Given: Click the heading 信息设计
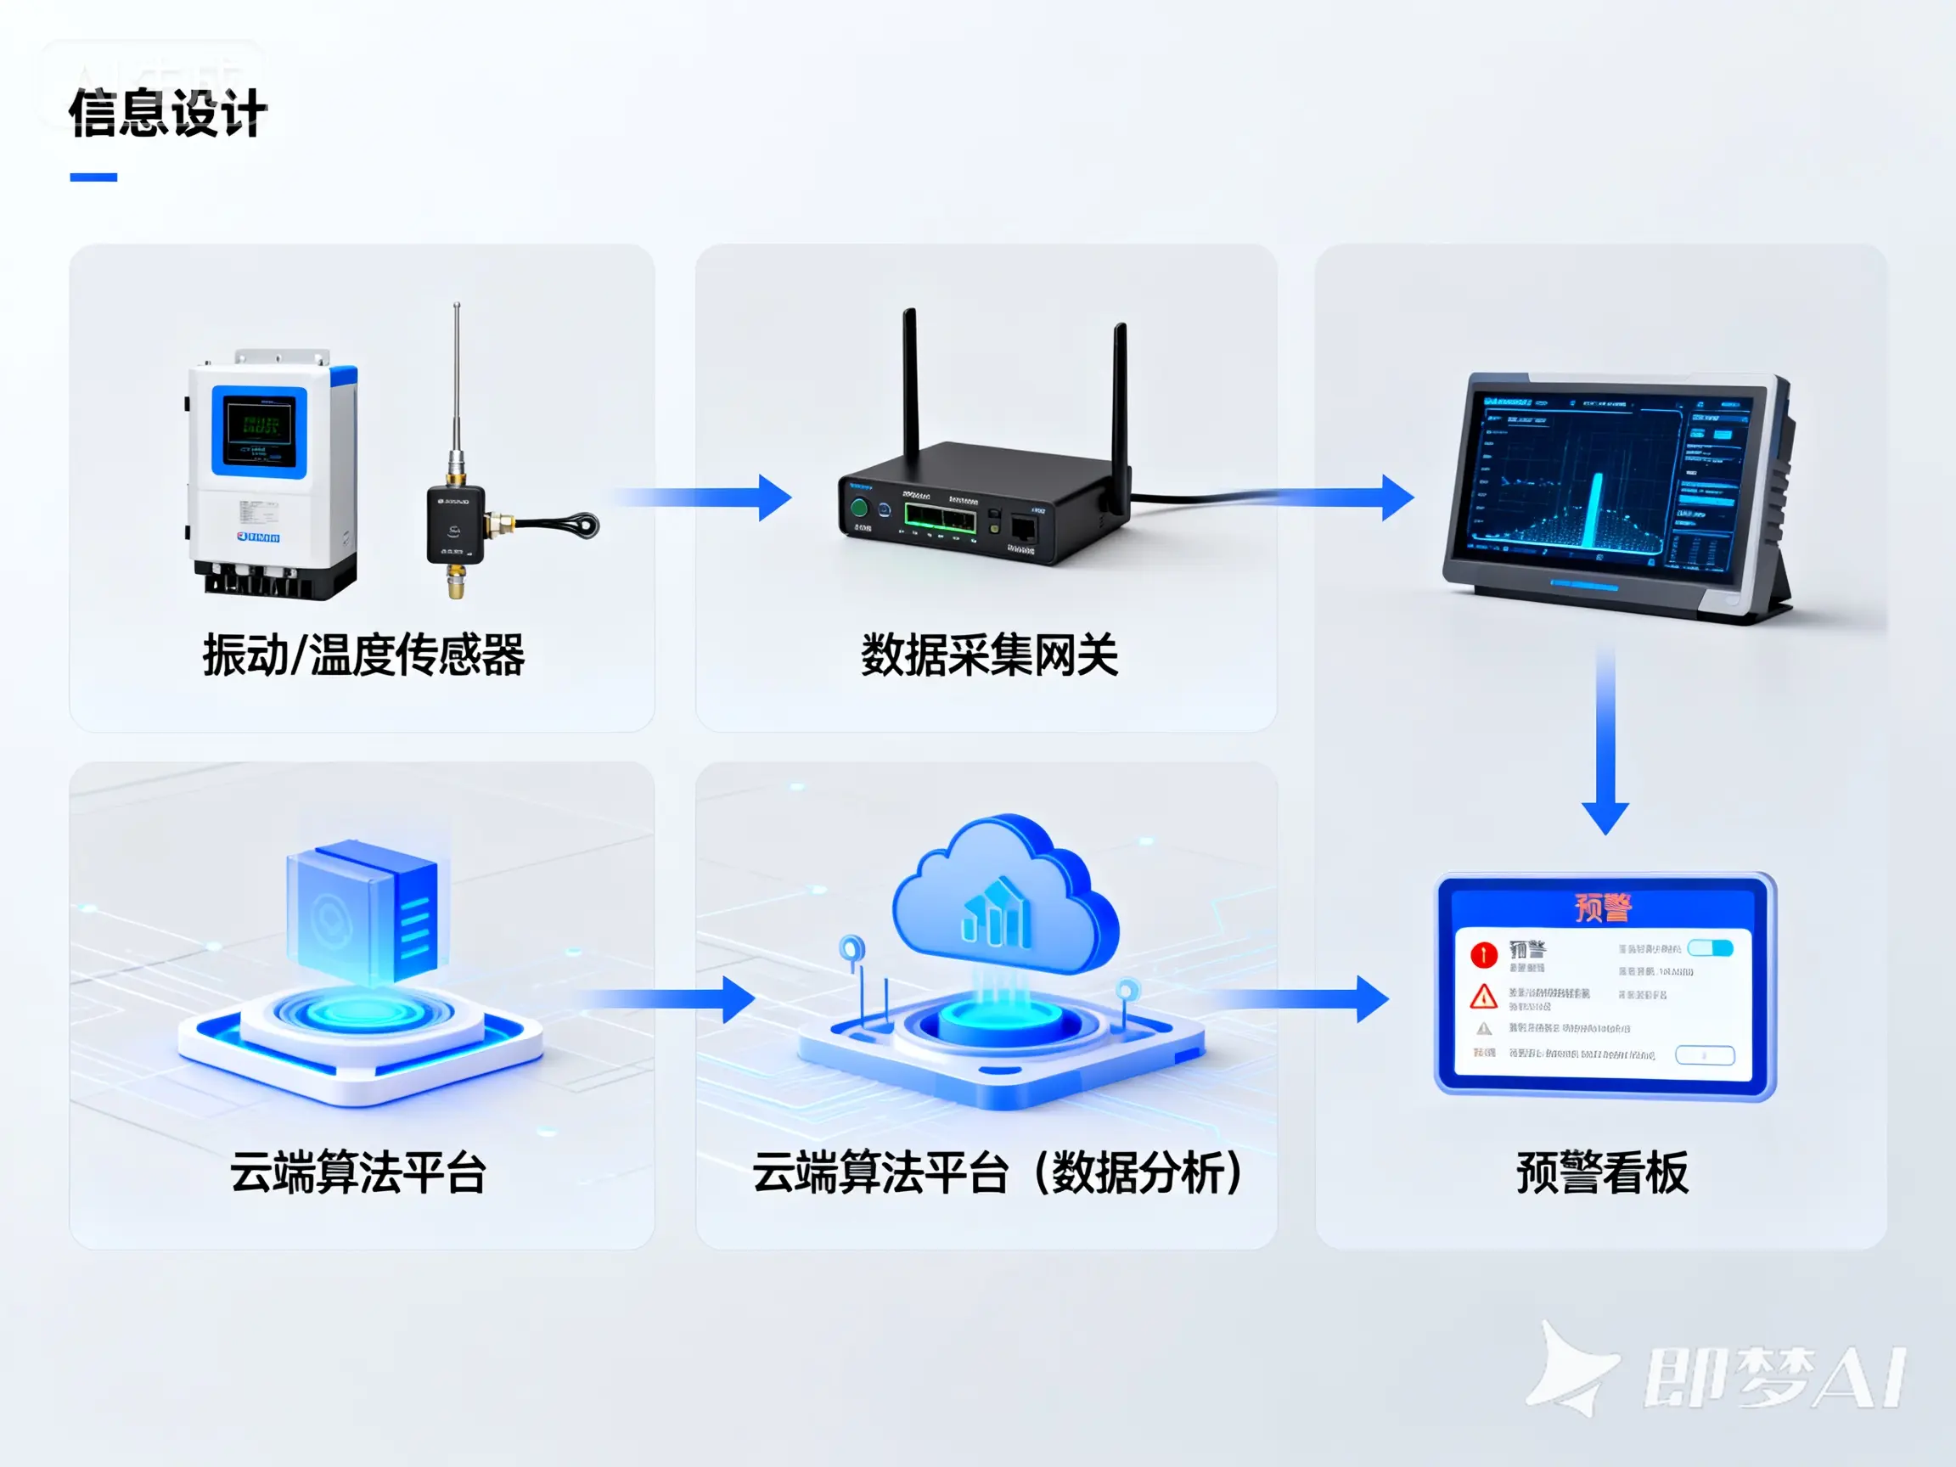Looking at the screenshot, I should coord(168,114).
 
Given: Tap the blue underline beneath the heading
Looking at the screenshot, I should coord(93,177).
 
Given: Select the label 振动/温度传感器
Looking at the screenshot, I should coord(363,655).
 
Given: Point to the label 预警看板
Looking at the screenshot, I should coord(1602,1173).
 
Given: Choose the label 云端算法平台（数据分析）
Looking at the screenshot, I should coord(997,1173).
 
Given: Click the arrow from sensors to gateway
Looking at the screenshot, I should coord(707,497).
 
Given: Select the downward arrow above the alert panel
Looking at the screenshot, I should coord(1605,743).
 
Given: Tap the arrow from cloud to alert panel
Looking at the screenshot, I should coord(1300,999).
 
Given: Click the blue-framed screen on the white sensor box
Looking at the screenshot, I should coord(259,430).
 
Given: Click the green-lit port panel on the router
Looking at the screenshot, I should coord(939,517).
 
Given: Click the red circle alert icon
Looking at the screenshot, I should coord(1483,955).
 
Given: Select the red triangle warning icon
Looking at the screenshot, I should coord(1483,998).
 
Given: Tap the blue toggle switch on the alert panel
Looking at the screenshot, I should coord(1709,948).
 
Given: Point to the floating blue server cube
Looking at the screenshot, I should coord(363,911).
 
